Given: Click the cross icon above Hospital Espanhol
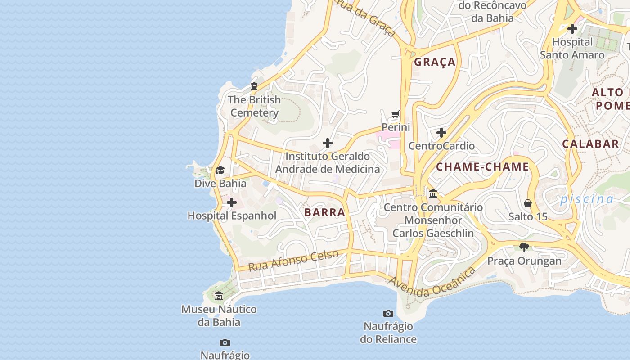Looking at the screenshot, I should [232, 202].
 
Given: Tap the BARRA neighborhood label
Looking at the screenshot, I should [324, 212].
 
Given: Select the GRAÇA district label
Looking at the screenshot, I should [435, 62].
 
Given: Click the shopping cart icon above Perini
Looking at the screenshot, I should [396, 114].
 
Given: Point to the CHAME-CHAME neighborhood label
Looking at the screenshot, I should [482, 167].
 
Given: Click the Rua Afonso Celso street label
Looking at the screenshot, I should [293, 261].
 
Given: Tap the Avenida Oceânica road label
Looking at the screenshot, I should [432, 282].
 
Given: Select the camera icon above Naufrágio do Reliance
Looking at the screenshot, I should [388, 313].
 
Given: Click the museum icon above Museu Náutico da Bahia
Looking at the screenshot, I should [219, 296].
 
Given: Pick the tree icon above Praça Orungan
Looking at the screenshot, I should [524, 247].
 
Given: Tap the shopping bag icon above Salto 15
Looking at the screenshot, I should [528, 203].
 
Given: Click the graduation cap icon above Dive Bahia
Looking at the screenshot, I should [220, 170].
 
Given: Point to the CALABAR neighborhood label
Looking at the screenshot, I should [590, 144].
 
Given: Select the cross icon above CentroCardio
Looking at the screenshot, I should [441, 133].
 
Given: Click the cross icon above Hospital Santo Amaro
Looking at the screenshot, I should [572, 29].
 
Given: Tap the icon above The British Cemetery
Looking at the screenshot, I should [254, 86].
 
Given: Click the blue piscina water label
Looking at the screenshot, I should [586, 199].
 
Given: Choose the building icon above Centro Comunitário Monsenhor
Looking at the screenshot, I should [433, 194].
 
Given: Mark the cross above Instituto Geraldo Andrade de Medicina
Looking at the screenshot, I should [328, 143].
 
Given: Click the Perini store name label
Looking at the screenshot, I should [396, 127].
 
